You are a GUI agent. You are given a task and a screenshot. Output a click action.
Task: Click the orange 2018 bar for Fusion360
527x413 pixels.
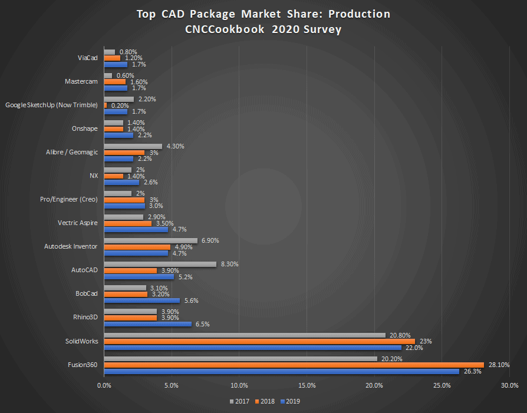coord(294,365)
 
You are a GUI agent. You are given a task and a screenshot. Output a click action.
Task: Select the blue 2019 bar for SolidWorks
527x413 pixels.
coord(252,348)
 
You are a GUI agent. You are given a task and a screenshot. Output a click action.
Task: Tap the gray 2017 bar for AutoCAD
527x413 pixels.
coord(160,264)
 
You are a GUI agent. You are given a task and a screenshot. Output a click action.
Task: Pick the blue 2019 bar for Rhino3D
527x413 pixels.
coord(147,324)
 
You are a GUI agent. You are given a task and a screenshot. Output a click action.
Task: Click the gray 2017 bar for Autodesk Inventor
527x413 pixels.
coord(150,240)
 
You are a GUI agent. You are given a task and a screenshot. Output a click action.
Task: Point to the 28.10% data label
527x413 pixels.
coord(499,365)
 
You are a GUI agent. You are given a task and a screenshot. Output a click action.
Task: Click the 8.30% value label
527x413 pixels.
coord(229,264)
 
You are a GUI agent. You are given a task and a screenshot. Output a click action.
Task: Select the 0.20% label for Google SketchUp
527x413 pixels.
coord(120,105)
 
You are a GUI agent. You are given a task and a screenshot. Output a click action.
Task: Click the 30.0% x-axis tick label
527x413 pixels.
coord(509,386)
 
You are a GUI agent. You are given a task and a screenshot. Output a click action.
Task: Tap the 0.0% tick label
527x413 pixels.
coord(104,386)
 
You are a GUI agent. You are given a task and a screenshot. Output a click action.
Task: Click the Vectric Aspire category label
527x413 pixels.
coord(77,223)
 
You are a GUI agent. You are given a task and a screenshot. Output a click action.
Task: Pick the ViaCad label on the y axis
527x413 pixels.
coord(87,58)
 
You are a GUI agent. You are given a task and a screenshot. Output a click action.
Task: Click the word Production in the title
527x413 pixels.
coord(357,14)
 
